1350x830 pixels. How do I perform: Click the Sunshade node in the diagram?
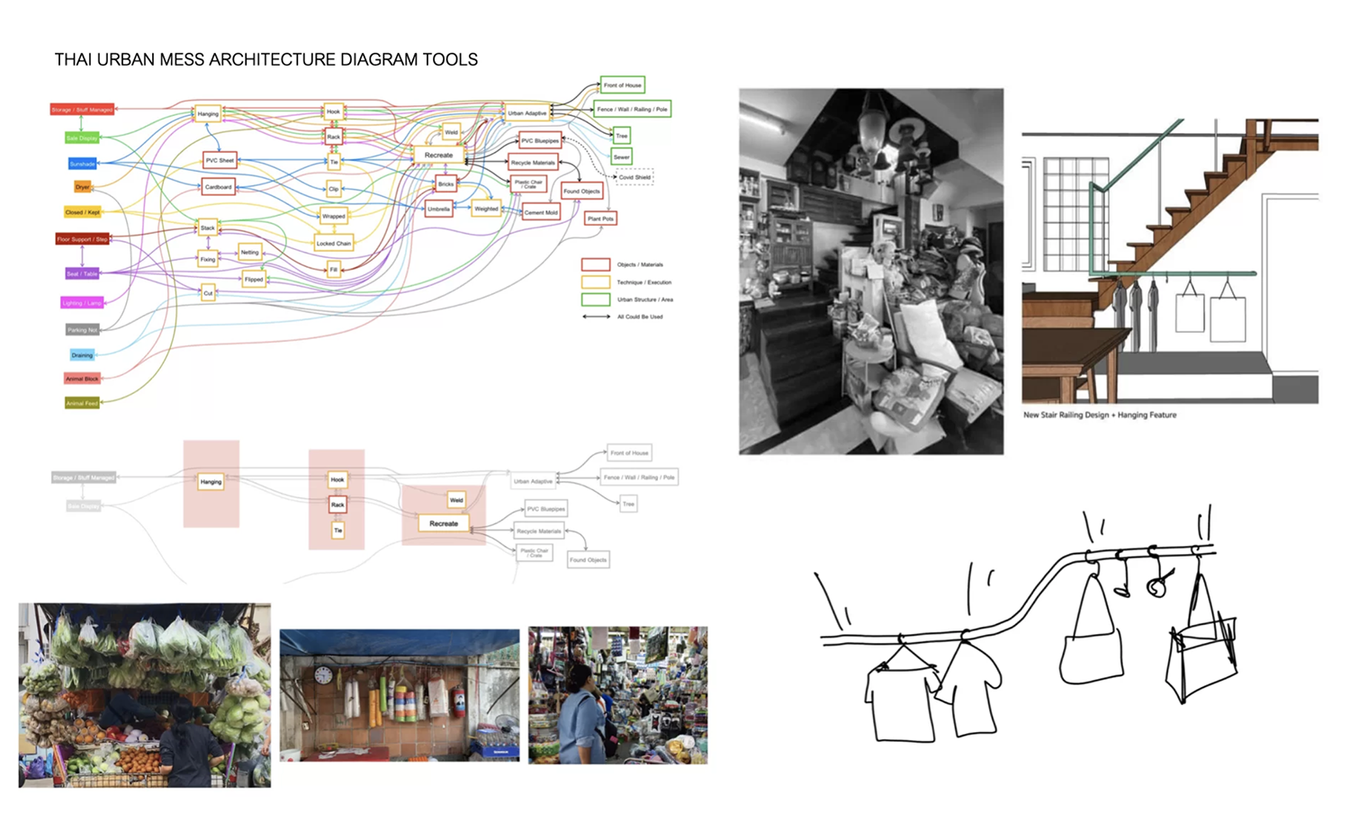point(82,164)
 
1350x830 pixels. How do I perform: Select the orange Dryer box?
point(83,187)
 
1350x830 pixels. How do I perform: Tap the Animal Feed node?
point(82,403)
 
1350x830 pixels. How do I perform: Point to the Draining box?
point(82,355)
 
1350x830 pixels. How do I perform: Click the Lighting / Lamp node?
point(82,303)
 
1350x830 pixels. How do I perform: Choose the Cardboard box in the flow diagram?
point(219,187)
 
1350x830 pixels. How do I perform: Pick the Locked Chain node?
point(333,243)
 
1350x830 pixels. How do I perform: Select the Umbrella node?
point(438,209)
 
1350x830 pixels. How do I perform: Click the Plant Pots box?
point(600,219)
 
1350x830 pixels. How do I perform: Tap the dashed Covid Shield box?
point(634,177)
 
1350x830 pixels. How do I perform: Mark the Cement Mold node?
point(541,212)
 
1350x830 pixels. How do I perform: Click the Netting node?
point(250,253)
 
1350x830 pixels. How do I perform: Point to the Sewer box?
point(621,156)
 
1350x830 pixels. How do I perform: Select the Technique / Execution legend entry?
point(643,282)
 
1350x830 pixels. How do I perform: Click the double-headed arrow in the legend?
point(596,317)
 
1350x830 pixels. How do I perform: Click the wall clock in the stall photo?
point(323,675)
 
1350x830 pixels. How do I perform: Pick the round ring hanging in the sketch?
point(1156,586)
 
